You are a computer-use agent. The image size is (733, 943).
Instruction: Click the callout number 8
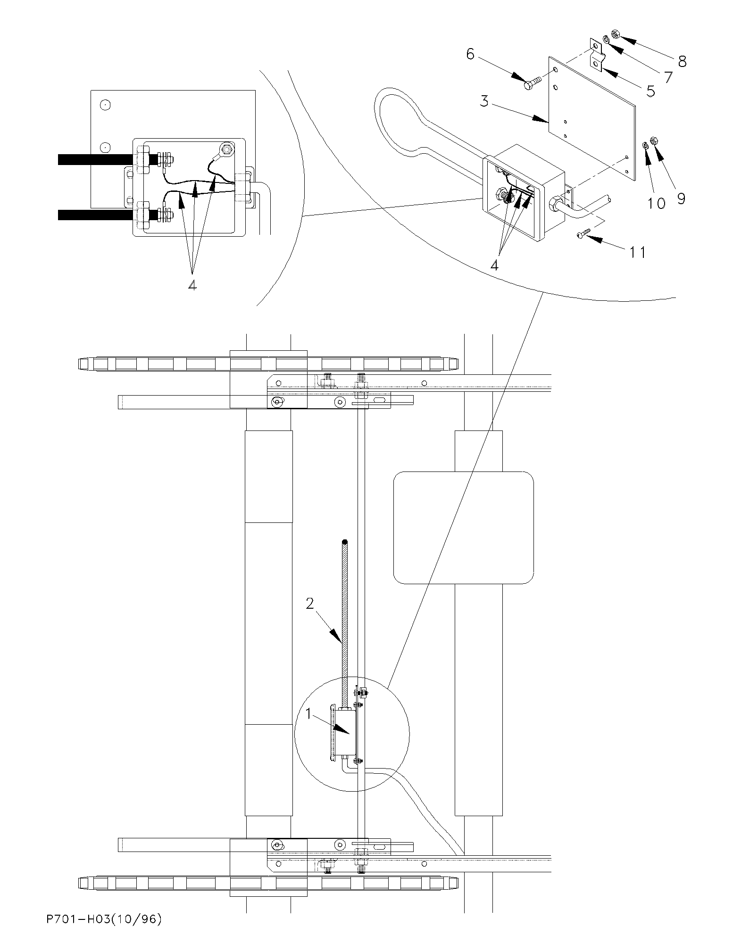[682, 61]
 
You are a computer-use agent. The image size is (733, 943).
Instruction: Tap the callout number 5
[650, 91]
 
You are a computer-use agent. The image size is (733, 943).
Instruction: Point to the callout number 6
[470, 54]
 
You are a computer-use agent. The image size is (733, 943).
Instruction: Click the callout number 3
[484, 101]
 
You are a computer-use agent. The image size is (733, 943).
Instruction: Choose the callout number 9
[681, 199]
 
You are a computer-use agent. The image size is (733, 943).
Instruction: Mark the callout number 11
[638, 253]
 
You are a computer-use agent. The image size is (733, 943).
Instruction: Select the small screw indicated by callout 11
[583, 233]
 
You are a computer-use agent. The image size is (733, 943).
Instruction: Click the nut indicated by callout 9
[654, 140]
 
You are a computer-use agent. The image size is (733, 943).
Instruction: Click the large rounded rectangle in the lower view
[464, 528]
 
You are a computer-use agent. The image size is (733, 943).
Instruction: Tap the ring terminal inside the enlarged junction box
[227, 151]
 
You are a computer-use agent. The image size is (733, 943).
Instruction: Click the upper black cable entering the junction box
[96, 159]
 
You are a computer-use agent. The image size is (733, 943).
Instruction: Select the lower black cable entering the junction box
[96, 215]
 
